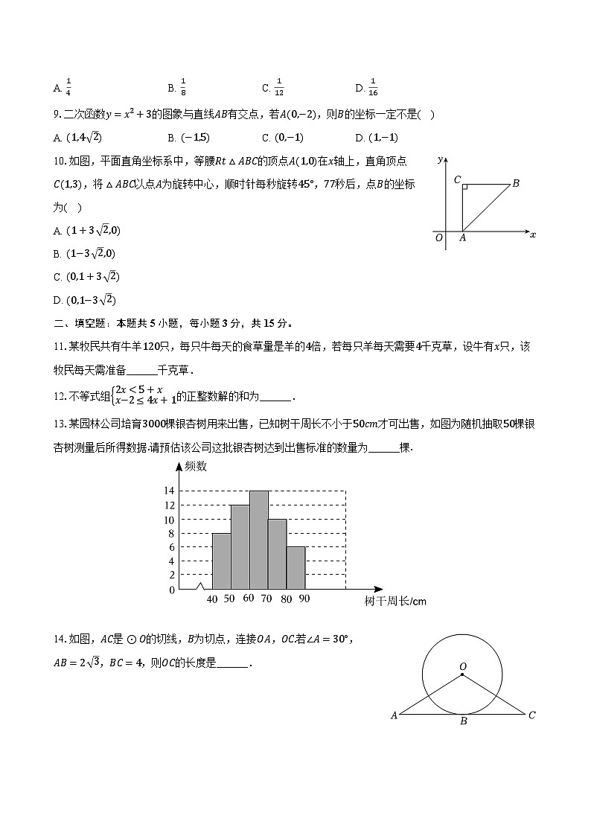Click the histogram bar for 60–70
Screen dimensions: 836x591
click(x=259, y=540)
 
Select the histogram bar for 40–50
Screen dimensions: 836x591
click(x=221, y=561)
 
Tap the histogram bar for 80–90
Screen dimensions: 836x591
click(x=296, y=568)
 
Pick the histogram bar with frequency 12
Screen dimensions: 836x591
click(x=240, y=546)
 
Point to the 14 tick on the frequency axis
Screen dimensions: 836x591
click(x=168, y=491)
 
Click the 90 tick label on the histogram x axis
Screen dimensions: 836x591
click(x=304, y=599)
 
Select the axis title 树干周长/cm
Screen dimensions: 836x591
click(x=395, y=602)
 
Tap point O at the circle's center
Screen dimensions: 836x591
click(x=462, y=674)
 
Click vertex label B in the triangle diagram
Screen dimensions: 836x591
click(x=515, y=183)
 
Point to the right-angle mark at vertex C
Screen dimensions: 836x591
click(x=464, y=187)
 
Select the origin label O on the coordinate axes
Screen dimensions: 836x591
click(x=439, y=237)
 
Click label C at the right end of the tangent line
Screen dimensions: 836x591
click(x=531, y=715)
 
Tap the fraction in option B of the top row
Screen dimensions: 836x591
click(x=182, y=88)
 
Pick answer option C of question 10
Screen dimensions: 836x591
click(x=86, y=277)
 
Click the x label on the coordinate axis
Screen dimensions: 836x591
click(x=533, y=234)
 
